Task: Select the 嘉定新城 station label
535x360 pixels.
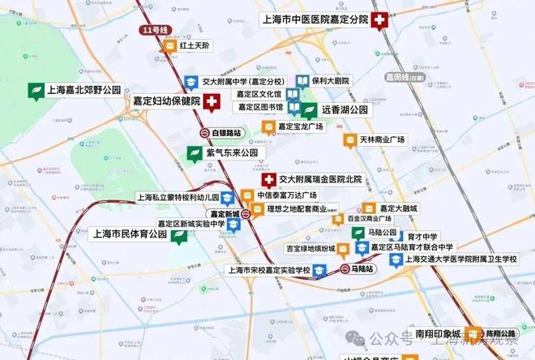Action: click(226, 214)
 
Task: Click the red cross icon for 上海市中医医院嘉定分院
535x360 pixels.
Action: click(379, 19)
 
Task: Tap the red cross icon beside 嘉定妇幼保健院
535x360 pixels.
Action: click(212, 102)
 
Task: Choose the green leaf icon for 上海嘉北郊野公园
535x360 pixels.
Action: click(36, 91)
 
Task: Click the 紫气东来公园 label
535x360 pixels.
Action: click(231, 152)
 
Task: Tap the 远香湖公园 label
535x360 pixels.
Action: click(345, 109)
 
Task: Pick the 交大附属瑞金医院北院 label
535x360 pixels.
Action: click(320, 178)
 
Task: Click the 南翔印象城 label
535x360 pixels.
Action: click(437, 333)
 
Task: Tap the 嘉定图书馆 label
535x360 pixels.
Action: click(260, 107)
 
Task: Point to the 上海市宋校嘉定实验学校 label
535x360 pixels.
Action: click(269, 271)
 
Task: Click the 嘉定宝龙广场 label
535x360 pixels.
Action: click(301, 126)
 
